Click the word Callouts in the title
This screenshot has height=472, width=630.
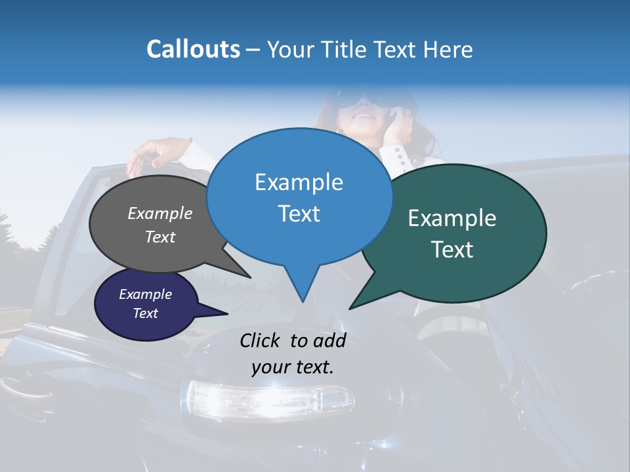point(193,49)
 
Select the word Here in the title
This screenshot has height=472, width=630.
point(448,49)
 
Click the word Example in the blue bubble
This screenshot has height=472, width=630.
point(299,182)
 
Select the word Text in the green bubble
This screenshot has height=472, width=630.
point(452,250)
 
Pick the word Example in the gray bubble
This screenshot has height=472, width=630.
point(159,213)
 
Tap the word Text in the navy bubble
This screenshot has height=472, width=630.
point(145,313)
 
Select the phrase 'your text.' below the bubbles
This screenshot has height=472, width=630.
point(293,367)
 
